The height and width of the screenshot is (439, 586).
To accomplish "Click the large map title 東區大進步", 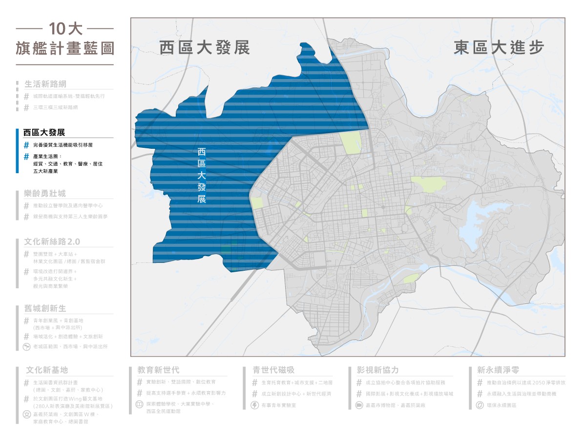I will (499, 48).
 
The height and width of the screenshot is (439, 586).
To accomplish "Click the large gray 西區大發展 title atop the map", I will (205, 48).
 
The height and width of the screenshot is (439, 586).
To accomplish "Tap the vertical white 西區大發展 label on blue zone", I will (201, 176).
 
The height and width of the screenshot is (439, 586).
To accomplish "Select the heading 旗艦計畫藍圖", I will (64, 49).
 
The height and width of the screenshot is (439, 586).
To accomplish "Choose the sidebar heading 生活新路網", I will (45, 84).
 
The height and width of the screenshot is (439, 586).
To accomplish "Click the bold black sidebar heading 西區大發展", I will (44, 133).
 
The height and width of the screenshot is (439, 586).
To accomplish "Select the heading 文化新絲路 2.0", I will (52, 242).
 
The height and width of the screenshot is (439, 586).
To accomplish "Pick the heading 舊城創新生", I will (45, 309).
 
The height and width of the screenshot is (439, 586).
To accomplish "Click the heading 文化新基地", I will (47, 370).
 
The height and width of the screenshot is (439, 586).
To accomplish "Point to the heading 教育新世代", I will (158, 370).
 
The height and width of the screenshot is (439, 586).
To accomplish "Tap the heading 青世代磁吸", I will (273, 370).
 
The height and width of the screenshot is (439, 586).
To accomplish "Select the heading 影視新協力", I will (377, 370).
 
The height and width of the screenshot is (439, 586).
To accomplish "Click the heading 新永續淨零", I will (498, 370).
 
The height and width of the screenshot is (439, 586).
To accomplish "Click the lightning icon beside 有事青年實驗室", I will (254, 405).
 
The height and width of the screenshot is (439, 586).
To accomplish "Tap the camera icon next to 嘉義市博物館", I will (359, 405).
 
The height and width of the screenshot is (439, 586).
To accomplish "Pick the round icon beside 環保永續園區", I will (480, 405).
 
